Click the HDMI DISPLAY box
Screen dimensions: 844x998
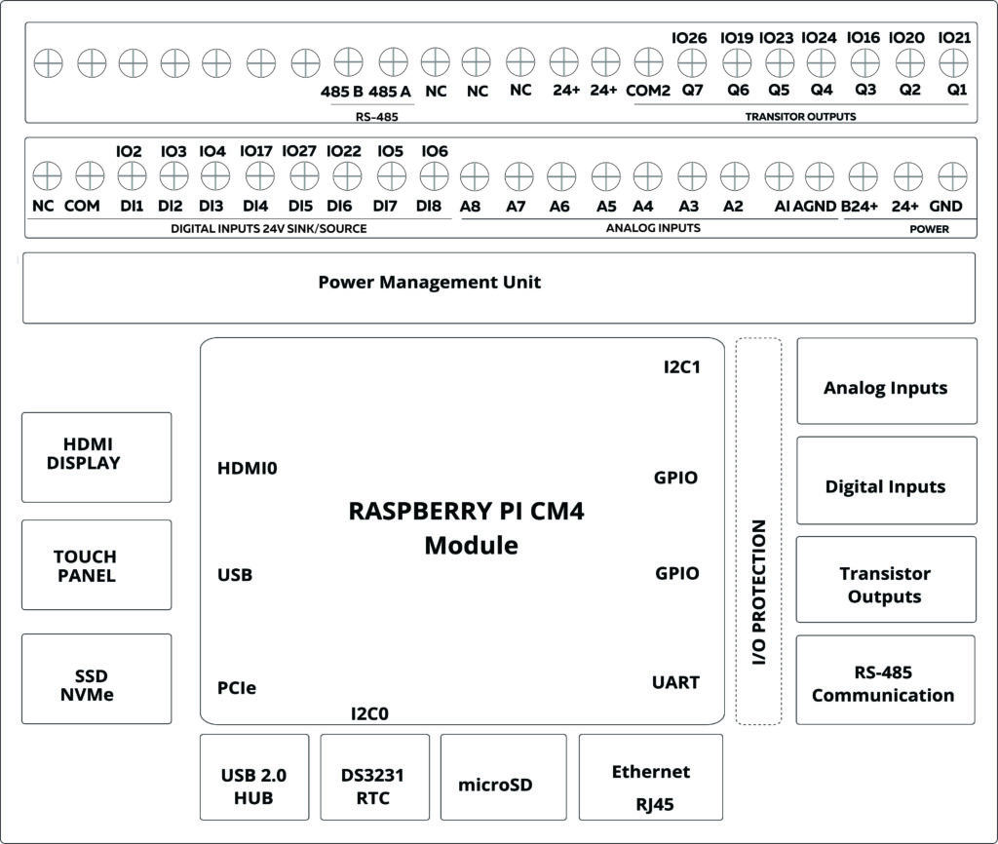click(96, 456)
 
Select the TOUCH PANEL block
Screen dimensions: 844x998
click(96, 565)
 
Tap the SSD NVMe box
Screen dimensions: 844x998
click(96, 678)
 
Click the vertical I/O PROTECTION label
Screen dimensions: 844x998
click(759, 593)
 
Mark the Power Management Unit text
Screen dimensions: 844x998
click(429, 283)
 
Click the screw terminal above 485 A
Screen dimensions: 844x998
click(392, 63)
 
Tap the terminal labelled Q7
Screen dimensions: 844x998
click(691, 63)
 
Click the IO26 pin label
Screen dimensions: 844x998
click(689, 38)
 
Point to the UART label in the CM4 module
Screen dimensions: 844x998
click(675, 682)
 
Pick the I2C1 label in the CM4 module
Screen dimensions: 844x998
click(681, 368)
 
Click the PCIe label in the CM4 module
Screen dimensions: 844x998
click(237, 688)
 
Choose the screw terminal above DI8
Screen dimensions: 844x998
click(434, 176)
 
